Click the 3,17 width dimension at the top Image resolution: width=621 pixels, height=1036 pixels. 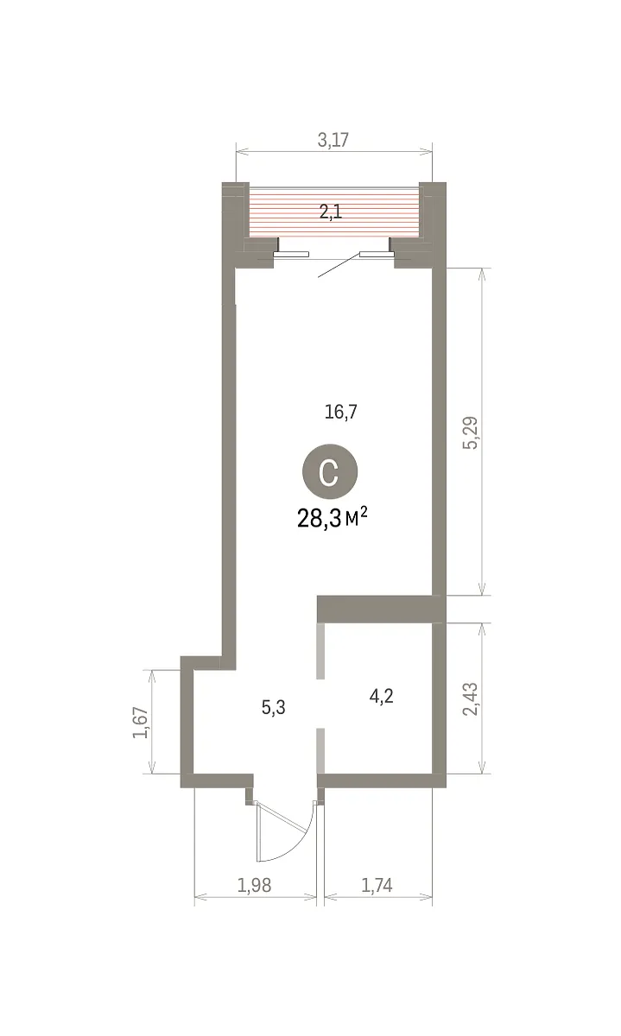coord(333,140)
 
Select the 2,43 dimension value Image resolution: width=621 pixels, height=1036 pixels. coord(471,698)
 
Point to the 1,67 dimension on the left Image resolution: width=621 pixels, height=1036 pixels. coord(141,723)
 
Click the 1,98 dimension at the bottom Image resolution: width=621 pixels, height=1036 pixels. coord(254,885)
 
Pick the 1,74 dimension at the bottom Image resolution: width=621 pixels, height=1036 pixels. coord(377,885)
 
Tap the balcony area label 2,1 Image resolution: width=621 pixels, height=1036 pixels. coord(331,212)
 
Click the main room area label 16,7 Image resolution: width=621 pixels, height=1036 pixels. coord(341,412)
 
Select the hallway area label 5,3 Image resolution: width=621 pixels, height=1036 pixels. coord(274,707)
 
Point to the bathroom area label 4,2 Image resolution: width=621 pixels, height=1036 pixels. coord(381,696)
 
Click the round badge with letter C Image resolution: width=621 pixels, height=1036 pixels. coord(330,471)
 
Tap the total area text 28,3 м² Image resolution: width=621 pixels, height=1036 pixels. coord(333,519)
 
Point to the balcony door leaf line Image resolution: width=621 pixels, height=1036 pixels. coord(339,266)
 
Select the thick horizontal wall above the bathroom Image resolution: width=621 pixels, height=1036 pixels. coord(378,610)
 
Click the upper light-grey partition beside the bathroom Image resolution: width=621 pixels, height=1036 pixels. coord(320,651)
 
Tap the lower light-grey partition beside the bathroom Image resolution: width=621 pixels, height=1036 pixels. coord(320,750)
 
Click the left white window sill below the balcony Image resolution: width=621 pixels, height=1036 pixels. coord(291,254)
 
